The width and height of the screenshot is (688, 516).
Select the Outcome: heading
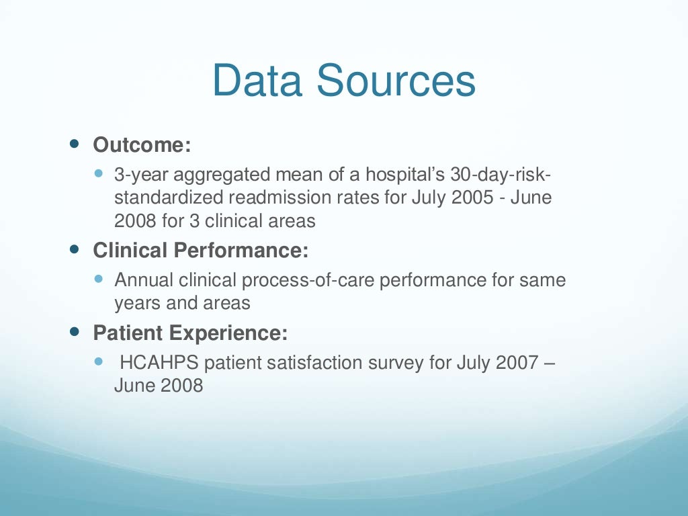click(138, 144)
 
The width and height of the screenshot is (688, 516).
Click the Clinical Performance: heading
click(201, 251)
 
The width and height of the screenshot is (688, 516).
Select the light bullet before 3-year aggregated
click(99, 174)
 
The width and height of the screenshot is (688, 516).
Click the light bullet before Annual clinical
click(99, 277)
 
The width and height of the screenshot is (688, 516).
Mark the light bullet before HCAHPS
click(99, 361)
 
